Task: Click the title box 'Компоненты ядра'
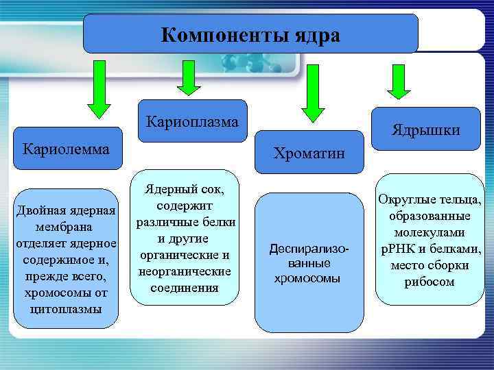point(250,34)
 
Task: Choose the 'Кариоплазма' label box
point(192,122)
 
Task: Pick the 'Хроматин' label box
point(309,151)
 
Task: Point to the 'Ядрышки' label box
point(426,129)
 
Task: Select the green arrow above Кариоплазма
point(189,77)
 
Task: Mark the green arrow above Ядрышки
point(399,82)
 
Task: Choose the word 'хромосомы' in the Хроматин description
point(307,278)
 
